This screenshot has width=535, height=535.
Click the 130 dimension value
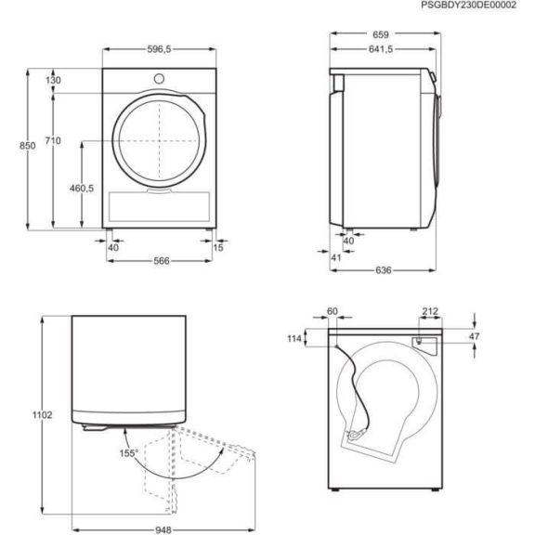[53, 81]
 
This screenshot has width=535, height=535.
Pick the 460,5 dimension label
[82, 189]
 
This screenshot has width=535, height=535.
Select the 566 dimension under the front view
[161, 262]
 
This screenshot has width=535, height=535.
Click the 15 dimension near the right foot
[218, 247]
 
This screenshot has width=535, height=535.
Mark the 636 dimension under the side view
[384, 270]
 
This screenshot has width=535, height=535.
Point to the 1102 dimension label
[28, 414]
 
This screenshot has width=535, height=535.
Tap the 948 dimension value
[163, 527]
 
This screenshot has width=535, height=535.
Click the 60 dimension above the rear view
[333, 313]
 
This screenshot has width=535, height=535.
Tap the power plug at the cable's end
[354, 436]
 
